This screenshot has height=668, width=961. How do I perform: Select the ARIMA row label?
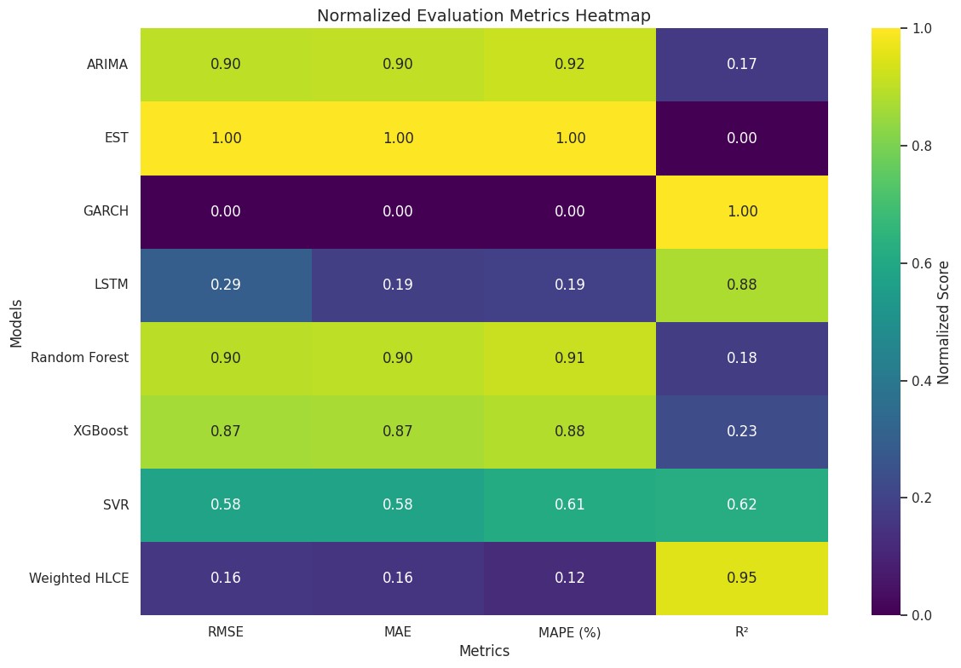107,65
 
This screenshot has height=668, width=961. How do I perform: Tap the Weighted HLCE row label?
79,578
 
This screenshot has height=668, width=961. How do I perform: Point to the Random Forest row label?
80,358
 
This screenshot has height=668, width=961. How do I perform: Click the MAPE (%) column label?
569,633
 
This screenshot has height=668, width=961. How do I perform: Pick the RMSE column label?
226,633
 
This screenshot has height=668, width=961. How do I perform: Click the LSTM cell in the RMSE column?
226,285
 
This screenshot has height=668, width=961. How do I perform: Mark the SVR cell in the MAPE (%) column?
569,504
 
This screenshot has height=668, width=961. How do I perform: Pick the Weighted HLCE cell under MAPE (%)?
569,578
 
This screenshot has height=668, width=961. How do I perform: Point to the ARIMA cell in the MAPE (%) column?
569,65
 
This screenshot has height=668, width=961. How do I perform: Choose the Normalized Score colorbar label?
943,321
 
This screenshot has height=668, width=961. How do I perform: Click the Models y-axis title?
16,321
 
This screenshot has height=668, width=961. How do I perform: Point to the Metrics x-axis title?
483,651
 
